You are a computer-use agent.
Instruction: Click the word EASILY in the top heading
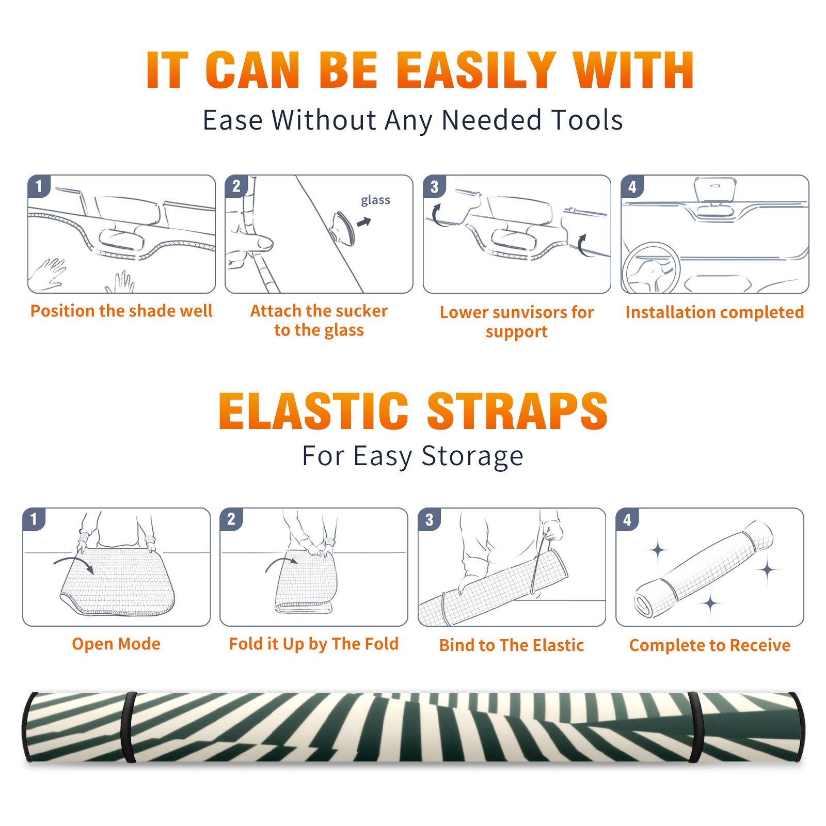[476, 70]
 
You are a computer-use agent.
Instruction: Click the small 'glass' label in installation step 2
[375, 200]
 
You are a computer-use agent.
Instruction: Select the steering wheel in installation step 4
[650, 268]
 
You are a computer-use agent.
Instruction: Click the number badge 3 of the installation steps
[434, 186]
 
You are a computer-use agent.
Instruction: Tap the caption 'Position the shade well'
[121, 311]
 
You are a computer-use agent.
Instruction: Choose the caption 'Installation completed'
[714, 312]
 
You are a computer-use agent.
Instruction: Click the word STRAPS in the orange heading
[517, 411]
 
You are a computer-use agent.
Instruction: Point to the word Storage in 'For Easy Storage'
[472, 456]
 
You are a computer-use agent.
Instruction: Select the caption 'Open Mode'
[116, 644]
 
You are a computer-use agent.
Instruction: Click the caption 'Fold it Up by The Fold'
[314, 644]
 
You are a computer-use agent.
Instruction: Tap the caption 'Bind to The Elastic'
[512, 645]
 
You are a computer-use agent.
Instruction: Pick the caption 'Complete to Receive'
[710, 645]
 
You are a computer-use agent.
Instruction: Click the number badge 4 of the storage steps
[627, 519]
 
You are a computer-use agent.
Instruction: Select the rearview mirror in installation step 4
[716, 190]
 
